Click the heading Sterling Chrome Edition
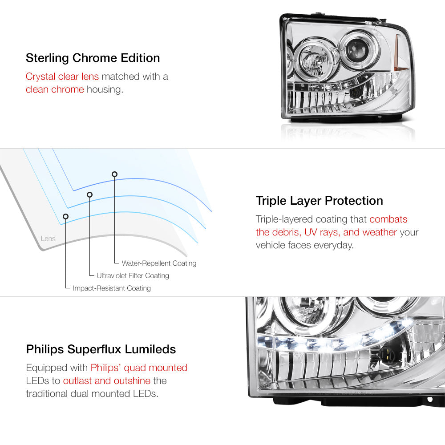coord(93,58)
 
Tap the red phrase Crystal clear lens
coord(62,77)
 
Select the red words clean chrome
coord(55,89)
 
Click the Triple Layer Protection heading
coord(319,201)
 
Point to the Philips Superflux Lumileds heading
coord(101,349)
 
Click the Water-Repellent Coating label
coord(159,263)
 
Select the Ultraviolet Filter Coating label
coord(133,275)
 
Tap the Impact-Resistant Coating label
coord(112,288)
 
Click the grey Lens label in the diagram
coord(48,239)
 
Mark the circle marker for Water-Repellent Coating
coord(114,174)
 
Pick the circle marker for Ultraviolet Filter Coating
coord(90,194)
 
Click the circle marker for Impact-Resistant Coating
coord(65,216)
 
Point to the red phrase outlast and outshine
coord(107,380)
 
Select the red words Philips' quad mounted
coord(139,368)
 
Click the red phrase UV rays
coord(322,232)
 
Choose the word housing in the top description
coord(105,90)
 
